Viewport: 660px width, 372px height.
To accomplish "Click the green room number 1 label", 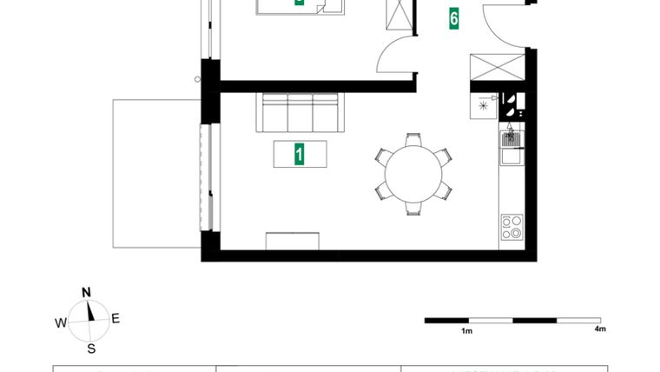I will point(300,155).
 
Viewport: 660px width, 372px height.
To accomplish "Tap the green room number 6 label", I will point(454,18).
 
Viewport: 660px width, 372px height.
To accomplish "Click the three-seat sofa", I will point(300,113).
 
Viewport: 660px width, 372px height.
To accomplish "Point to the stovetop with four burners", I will point(511,227).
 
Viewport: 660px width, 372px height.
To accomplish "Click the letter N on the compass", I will point(87,292).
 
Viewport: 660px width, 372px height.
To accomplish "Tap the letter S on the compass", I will point(90,349).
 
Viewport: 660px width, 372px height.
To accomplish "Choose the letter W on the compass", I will point(61,322).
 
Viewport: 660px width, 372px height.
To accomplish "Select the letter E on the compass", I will point(115,319).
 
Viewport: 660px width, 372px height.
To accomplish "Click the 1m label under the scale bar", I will point(466,331).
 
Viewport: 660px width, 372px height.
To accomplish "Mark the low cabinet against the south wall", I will point(294,241).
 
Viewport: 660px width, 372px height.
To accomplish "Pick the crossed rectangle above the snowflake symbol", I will point(497,67).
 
